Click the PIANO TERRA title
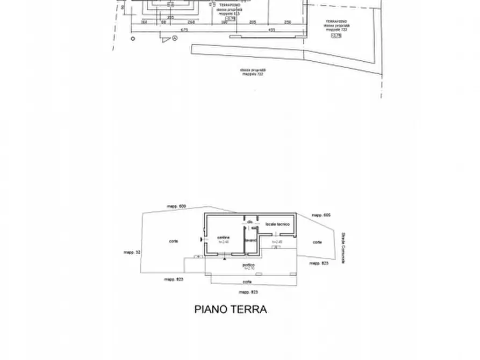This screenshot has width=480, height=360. click(x=230, y=309)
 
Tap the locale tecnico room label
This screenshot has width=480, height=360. click(x=277, y=224)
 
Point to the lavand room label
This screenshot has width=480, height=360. click(x=251, y=240)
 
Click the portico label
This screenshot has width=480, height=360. click(x=248, y=265)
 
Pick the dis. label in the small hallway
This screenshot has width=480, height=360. click(x=250, y=221)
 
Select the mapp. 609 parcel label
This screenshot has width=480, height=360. click(x=176, y=206)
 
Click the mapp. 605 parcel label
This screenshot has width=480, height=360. click(x=320, y=215)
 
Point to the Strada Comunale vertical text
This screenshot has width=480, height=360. click(x=343, y=248)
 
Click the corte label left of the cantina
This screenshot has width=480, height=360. click(x=174, y=241)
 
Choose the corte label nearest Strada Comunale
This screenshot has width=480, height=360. click(x=317, y=242)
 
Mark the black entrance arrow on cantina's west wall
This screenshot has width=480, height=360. click(x=201, y=239)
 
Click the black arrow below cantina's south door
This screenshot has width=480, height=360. click(x=225, y=259)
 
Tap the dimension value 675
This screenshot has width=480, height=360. click(x=184, y=30)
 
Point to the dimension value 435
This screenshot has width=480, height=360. click(x=271, y=30)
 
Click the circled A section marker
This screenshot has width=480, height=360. click(x=175, y=38)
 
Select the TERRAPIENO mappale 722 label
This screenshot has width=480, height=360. click(x=336, y=25)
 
